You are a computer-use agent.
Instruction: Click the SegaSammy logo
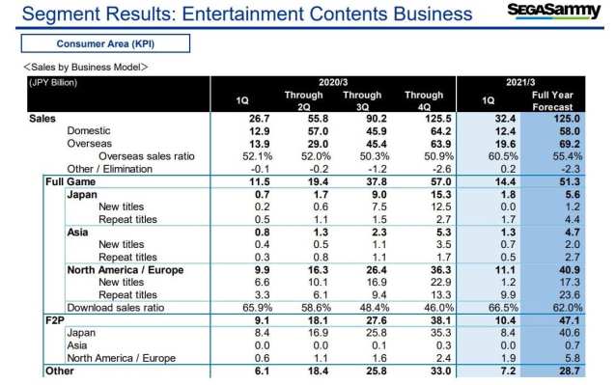pyautogui.click(x=553, y=11)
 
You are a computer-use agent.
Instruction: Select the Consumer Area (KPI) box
pyautogui.click(x=105, y=43)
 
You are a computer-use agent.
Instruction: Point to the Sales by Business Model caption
pyautogui.click(x=86, y=68)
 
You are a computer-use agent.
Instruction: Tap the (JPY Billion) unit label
pyautogui.click(x=53, y=82)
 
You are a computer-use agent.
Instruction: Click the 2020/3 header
pyautogui.click(x=333, y=82)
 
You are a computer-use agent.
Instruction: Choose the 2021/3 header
pyautogui.click(x=520, y=82)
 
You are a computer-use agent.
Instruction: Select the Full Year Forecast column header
pyautogui.click(x=552, y=101)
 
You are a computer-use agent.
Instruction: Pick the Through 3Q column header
pyautogui.click(x=362, y=101)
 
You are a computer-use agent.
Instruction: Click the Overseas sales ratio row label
pyautogui.click(x=147, y=156)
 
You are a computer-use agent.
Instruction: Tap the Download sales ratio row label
pyautogui.click(x=116, y=307)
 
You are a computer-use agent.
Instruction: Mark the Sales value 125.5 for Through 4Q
pyautogui.click(x=438, y=119)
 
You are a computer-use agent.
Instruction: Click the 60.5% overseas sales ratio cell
pyautogui.click(x=503, y=156)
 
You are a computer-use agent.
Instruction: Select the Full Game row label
pyautogui.click(x=70, y=181)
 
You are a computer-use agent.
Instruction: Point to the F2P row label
pyautogui.click(x=55, y=320)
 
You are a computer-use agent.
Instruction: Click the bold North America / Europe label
pyautogui.click(x=126, y=270)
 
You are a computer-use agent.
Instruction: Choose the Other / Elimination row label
pyautogui.click(x=110, y=169)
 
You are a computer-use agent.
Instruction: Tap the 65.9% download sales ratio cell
pyautogui.click(x=258, y=307)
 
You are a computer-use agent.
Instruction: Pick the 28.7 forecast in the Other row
pyautogui.click(x=570, y=371)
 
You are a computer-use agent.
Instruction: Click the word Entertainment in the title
pyautogui.click(x=242, y=14)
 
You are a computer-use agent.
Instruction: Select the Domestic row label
pyautogui.click(x=89, y=130)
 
